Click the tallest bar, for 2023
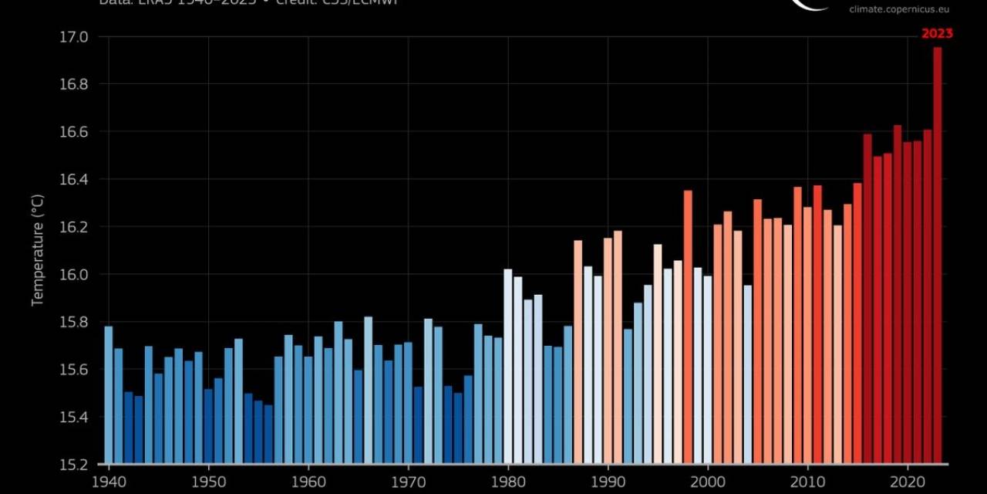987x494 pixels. (x=938, y=255)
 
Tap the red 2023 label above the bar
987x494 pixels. (x=937, y=33)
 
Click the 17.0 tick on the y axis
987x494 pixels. (x=74, y=37)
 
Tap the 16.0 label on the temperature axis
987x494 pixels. (x=74, y=275)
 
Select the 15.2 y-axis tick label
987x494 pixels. (x=74, y=465)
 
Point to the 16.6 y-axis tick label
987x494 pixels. (x=74, y=132)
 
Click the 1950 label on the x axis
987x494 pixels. (x=208, y=480)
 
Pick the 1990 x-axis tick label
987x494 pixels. (x=608, y=480)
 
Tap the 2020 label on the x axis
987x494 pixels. (x=908, y=480)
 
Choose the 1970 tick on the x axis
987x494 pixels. (x=408, y=480)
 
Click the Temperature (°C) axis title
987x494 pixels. (x=37, y=249)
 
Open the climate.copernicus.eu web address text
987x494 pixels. (x=899, y=9)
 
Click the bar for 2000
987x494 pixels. (x=708, y=370)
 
